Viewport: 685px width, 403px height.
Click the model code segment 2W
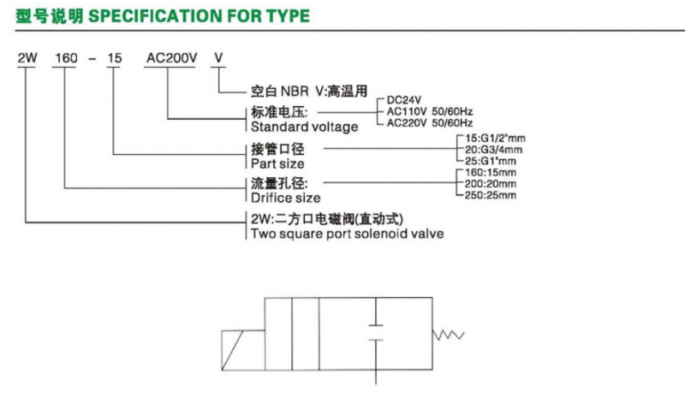(27, 58)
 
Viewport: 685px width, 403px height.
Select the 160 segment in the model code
(66, 58)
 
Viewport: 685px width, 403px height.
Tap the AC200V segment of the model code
(172, 58)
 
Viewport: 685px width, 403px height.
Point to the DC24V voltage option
(404, 100)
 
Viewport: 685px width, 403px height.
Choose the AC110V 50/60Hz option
(430, 112)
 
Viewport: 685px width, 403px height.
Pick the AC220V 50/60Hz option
(430, 123)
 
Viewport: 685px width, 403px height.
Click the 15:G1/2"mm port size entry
(495, 139)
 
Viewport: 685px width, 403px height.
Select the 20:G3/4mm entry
(493, 150)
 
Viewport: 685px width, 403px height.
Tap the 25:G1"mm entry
(490, 161)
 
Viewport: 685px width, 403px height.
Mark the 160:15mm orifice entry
(490, 173)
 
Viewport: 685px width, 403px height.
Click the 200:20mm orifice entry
(490, 184)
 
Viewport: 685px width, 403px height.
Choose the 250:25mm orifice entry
(490, 195)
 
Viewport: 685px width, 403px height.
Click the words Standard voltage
(304, 127)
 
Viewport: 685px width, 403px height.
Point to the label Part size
(277, 163)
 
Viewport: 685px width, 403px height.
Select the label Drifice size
(285, 198)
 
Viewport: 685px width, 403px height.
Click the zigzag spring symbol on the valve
(448, 335)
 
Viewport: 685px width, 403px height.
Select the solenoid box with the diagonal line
(243, 350)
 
